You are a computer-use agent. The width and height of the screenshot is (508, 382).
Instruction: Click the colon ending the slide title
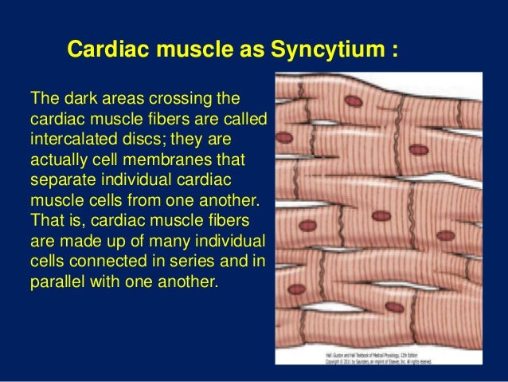394,50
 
